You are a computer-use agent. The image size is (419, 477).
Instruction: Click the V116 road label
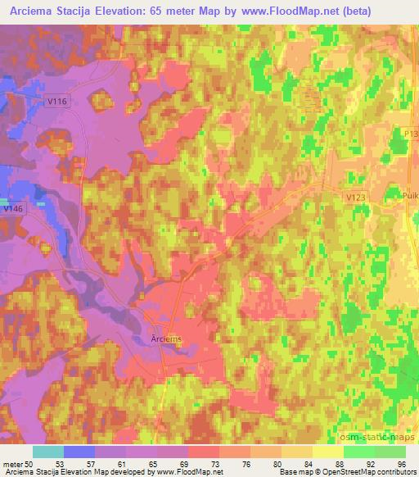point(56,97)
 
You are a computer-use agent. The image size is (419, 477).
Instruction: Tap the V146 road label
point(11,209)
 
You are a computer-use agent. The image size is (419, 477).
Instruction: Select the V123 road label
point(356,197)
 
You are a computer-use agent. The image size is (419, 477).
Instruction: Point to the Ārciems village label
point(166,338)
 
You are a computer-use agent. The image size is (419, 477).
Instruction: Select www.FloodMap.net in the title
point(284,11)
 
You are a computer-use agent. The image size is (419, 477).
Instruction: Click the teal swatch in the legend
point(48,452)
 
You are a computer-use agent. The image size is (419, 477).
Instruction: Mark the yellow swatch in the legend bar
point(328,452)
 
